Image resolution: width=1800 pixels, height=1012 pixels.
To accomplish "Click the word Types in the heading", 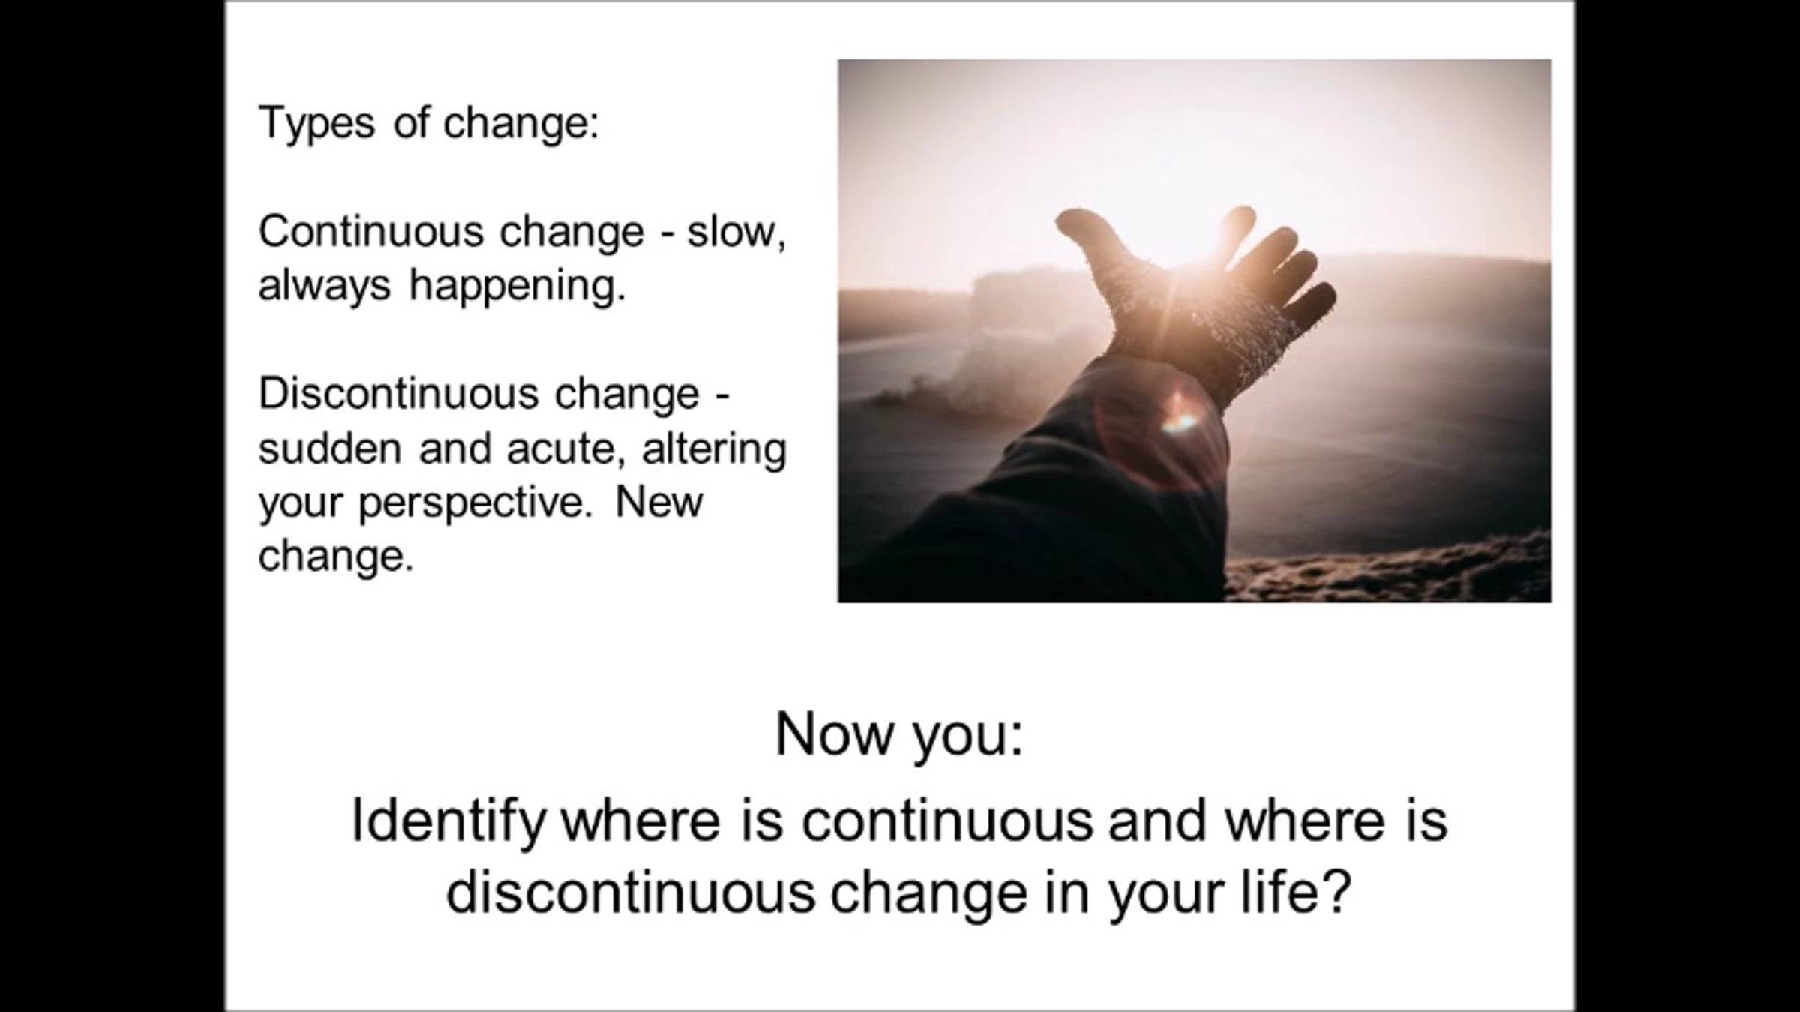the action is tap(316, 124).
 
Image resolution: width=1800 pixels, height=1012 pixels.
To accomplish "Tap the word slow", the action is tap(736, 231).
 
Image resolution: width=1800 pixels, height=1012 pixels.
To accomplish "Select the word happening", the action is tap(517, 287).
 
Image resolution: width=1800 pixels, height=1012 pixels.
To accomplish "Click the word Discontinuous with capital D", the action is tap(398, 394).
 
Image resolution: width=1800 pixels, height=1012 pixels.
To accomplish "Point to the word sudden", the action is tap(331, 449).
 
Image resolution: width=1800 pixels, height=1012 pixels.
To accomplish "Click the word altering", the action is tap(714, 449).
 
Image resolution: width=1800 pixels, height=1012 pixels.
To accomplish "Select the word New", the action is tap(658, 503).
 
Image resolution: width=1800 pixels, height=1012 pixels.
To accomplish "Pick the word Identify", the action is tap(448, 821).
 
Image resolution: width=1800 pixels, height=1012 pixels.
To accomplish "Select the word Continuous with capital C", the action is tap(376, 231).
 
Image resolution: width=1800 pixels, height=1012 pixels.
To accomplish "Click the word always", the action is tap(325, 287).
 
